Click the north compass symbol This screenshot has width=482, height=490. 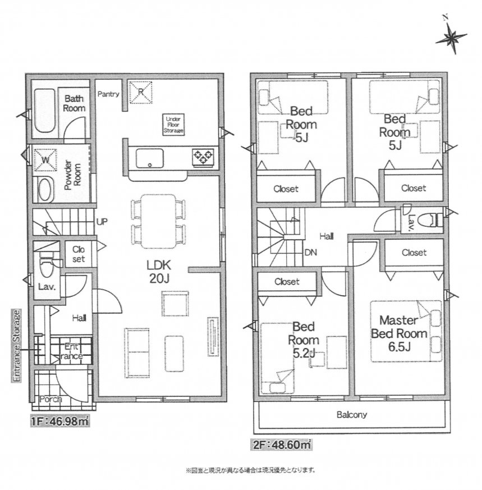coord(451,36)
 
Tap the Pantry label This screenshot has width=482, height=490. coord(108,94)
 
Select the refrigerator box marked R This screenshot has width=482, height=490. coord(141,92)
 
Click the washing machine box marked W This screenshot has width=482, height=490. coord(45,160)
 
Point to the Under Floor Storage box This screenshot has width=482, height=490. coord(174,125)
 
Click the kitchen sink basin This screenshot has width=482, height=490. coord(150,158)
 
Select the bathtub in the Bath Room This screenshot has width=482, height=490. coord(44,111)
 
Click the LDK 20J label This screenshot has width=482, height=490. coord(159,271)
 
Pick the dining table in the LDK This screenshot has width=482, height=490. coord(158,222)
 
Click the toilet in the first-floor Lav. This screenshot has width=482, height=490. coord(46,265)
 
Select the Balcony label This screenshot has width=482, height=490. coord(352,415)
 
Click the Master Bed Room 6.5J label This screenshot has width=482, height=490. coord(399,333)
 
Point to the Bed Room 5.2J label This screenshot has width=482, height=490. coord(304,340)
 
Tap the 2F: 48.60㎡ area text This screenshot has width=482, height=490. coord(281,445)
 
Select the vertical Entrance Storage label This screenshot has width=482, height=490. coord(17,346)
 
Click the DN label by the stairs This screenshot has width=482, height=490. coord(310,252)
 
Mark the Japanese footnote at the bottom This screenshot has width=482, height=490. coord(250,469)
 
